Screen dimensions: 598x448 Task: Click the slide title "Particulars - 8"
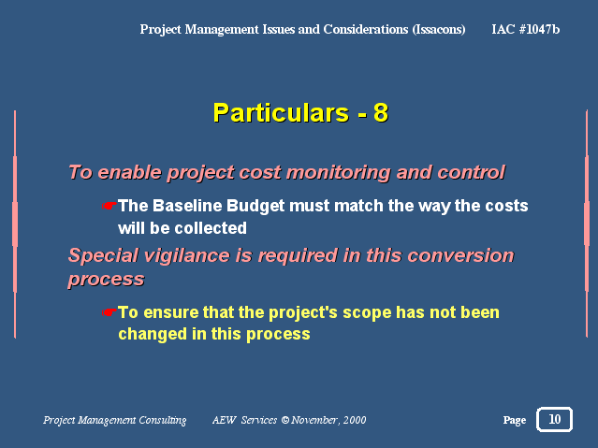pyautogui.click(x=300, y=113)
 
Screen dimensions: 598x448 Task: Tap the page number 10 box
pyautogui.click(x=554, y=419)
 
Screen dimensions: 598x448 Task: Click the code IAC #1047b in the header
pyautogui.click(x=526, y=29)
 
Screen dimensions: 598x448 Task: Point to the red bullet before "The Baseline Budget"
pyautogui.click(x=109, y=207)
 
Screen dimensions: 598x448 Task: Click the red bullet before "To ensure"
pyautogui.click(x=109, y=312)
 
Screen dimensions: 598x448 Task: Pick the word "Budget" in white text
pyautogui.click(x=255, y=207)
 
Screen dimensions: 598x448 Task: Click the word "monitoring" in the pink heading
pyautogui.click(x=338, y=172)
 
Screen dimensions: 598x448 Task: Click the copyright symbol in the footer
pyautogui.click(x=285, y=420)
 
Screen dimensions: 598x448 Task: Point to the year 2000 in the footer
pyautogui.click(x=355, y=420)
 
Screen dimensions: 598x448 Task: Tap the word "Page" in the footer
pyautogui.click(x=515, y=420)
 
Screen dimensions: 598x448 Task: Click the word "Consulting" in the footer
pyautogui.click(x=163, y=420)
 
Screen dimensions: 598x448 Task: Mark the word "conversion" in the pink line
pyautogui.click(x=460, y=255)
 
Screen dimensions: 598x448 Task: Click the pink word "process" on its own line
pyautogui.click(x=106, y=280)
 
